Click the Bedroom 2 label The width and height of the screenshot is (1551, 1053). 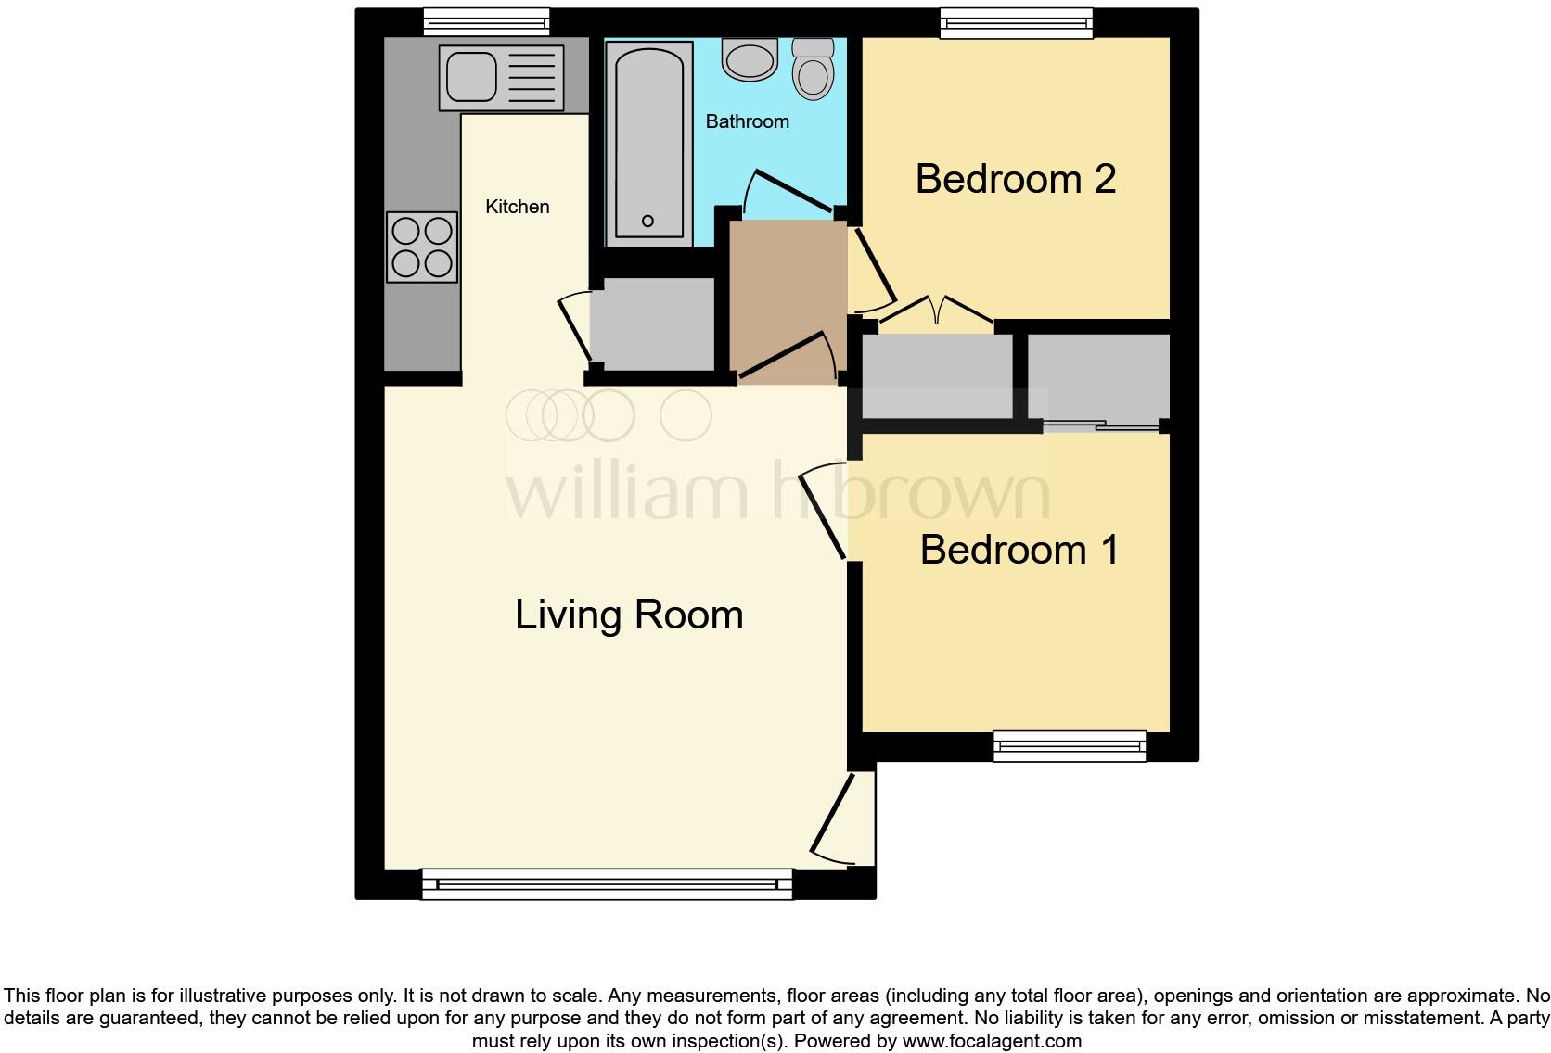pos(1015,179)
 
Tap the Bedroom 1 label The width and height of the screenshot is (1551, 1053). pos(1019,550)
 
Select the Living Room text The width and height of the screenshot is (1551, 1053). pos(629,615)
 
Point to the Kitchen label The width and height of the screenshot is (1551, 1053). pos(518,207)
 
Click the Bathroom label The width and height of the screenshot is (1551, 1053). pos(747,121)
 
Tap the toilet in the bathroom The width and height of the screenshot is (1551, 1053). pos(813,70)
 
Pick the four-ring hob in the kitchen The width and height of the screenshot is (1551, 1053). pos(423,247)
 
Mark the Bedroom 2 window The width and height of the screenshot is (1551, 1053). pos(1016,23)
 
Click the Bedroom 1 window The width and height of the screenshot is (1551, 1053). pos(1069,745)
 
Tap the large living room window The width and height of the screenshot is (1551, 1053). pos(607,883)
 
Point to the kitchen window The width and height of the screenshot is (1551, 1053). pos(486,22)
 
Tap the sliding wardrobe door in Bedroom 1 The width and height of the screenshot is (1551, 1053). pos(1101,426)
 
